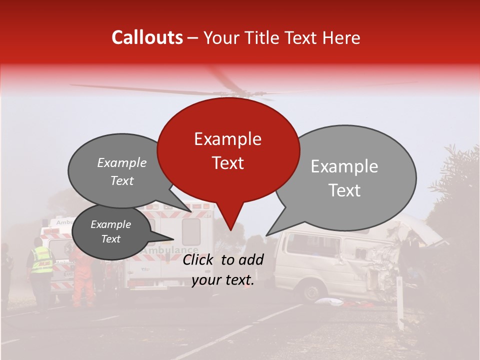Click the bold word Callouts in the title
coord(147,37)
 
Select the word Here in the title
coord(341,37)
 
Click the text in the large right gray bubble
coord(344,178)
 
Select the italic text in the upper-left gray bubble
coord(121,171)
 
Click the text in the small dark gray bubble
coord(110,231)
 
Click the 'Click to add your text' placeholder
coord(223,270)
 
